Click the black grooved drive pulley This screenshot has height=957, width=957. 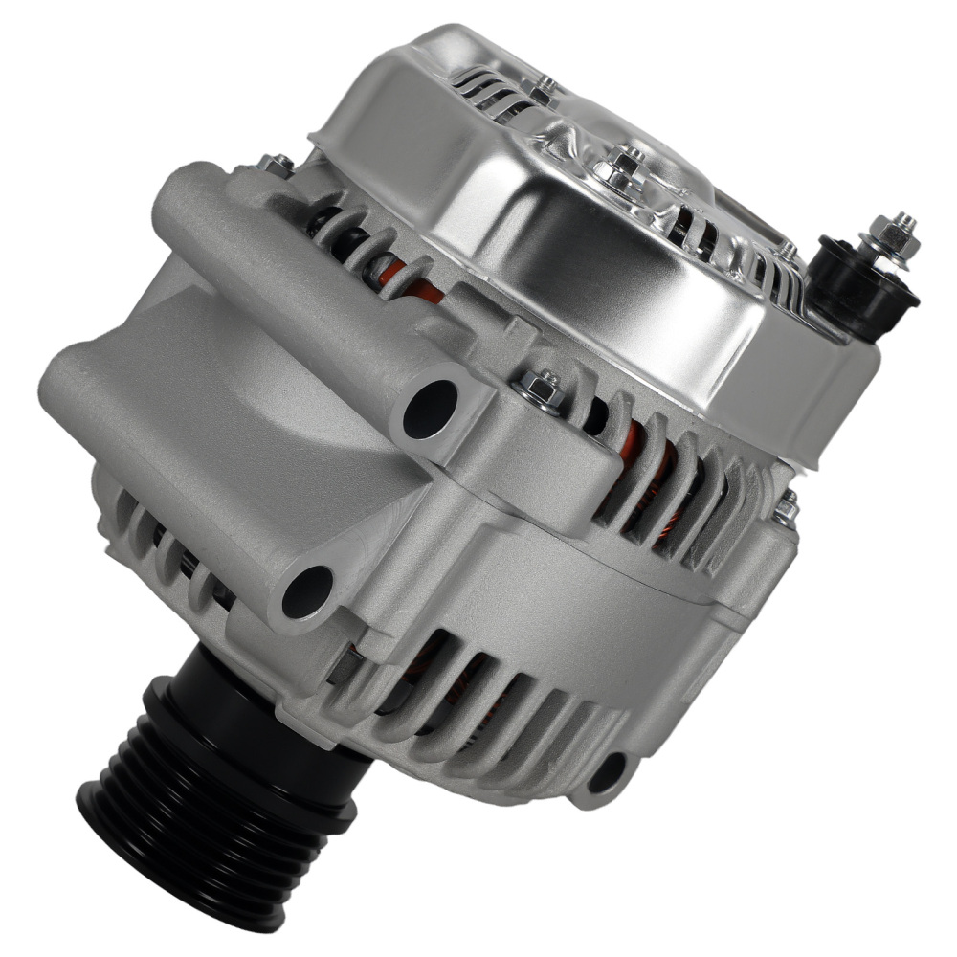[211, 794]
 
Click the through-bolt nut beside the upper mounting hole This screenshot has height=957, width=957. [537, 387]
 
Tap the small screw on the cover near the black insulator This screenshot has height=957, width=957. [787, 251]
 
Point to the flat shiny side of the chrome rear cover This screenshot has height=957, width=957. [574, 287]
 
